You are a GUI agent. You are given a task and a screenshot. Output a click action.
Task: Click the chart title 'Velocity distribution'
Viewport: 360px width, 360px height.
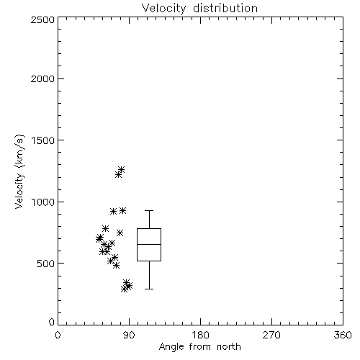point(199,9)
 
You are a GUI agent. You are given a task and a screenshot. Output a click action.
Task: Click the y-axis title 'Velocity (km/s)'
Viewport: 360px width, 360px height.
point(19,171)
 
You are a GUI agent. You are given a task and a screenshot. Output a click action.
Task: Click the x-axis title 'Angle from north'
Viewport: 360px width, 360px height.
point(199,347)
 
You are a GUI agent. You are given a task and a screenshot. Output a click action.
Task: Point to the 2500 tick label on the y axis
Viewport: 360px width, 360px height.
point(43,19)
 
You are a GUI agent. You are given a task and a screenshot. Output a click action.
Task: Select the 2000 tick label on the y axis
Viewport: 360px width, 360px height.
point(43,79)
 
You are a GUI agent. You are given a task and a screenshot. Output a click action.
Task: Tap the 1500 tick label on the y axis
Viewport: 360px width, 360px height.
point(43,140)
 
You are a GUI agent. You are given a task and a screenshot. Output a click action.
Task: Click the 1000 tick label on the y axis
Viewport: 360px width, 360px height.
point(43,202)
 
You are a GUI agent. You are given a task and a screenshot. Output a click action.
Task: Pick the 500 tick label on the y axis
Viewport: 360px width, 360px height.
point(46,264)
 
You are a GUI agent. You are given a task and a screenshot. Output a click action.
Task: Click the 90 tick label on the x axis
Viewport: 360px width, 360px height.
point(129,335)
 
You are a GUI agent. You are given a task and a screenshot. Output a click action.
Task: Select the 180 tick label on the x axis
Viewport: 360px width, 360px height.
point(200,335)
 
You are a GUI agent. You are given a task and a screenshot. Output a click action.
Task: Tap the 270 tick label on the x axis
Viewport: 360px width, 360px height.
point(271,335)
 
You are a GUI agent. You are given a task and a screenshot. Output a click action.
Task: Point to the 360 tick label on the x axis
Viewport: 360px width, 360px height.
point(343,335)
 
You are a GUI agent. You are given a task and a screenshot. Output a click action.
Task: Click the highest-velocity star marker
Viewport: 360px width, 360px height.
point(121,170)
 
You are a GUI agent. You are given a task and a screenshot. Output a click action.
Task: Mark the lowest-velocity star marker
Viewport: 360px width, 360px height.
point(124,289)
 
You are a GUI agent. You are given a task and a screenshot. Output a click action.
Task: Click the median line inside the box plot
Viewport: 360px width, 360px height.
point(149,244)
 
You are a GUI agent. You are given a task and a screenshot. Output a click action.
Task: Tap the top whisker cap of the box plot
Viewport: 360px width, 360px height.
point(149,210)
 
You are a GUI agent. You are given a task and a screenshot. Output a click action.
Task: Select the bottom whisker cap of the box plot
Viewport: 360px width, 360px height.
point(149,289)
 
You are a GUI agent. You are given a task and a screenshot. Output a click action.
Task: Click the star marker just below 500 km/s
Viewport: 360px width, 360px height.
point(116,265)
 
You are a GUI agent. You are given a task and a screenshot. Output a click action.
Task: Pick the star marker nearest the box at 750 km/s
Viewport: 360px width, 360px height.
point(120,233)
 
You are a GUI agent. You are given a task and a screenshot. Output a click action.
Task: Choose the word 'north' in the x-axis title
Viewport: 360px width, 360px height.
point(229,347)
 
